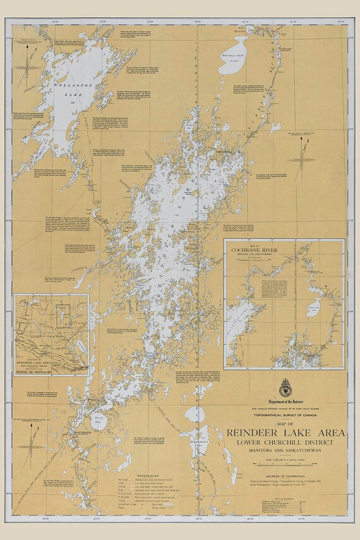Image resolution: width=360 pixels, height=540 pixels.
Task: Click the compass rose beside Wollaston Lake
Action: coord(28,66)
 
